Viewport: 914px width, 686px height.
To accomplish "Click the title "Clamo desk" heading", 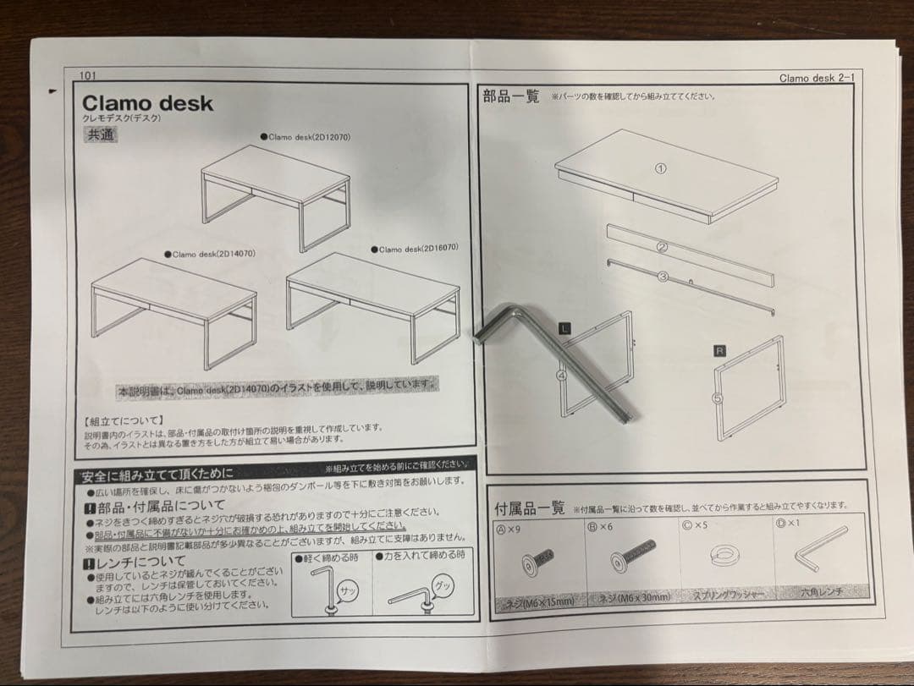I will (147, 104).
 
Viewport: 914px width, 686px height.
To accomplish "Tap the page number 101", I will (88, 75).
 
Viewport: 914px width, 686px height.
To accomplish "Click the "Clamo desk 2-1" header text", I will (818, 78).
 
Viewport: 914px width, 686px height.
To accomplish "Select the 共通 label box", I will (101, 135).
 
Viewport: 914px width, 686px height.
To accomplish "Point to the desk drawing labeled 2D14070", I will (173, 308).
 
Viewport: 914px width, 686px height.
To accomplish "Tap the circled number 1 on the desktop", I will (661, 168).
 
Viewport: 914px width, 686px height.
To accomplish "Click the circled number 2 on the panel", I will (663, 248).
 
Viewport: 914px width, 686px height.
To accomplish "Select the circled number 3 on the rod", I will (663, 277).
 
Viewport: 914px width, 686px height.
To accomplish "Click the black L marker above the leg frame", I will (565, 325).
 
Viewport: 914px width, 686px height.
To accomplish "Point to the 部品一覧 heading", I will (510, 96).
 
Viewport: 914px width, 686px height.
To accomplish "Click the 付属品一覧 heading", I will (529, 508).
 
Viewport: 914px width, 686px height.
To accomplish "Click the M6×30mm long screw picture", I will (632, 561).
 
